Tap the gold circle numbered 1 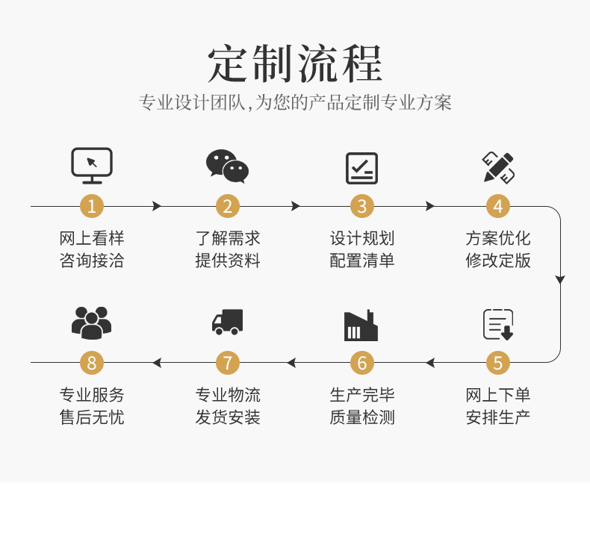click(92, 206)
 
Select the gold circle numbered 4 click(498, 206)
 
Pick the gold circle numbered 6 click(362, 363)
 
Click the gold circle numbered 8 click(92, 363)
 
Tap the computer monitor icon click(92, 165)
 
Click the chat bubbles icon click(227, 166)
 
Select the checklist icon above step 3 click(362, 168)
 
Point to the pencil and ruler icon click(498, 167)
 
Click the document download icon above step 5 click(498, 324)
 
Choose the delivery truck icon click(227, 322)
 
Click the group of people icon click(92, 322)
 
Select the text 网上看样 click(92, 239)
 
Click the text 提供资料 click(228, 261)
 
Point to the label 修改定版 click(498, 261)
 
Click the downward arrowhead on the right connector click(560, 280)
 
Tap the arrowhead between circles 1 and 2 click(157, 206)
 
